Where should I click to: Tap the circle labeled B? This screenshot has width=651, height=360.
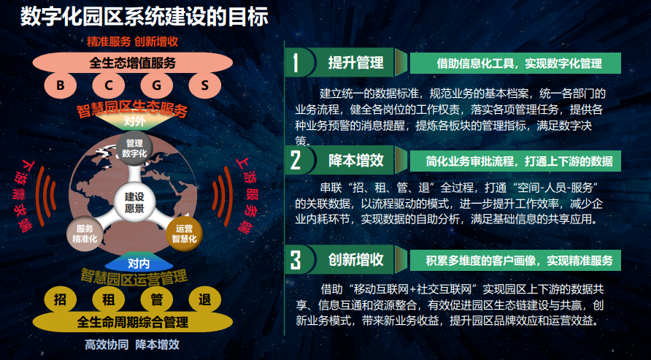coord(61,85)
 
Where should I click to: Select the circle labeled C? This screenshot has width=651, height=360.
coord(109,85)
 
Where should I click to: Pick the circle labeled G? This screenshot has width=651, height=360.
coord(157,85)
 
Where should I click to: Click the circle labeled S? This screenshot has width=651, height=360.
coord(205,85)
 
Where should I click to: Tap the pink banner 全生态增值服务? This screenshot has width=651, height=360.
coord(133,63)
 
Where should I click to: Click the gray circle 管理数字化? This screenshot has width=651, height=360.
coord(134,148)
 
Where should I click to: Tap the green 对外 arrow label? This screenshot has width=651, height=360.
coord(134,121)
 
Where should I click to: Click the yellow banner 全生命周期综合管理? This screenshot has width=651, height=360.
coord(133,321)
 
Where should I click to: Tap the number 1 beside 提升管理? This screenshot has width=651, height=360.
coord(295,63)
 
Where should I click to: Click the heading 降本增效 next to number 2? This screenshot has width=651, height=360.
coord(355,159)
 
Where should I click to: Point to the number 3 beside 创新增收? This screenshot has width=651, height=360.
coord(295,259)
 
